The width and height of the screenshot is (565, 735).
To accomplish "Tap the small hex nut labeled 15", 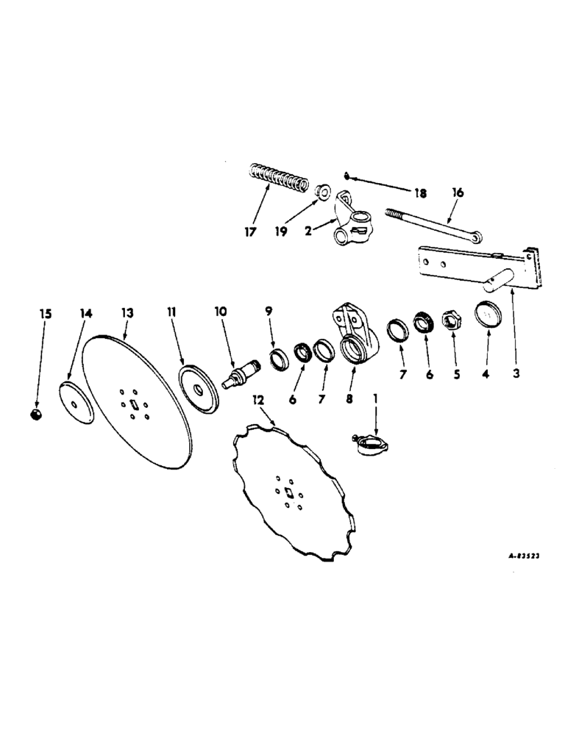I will pos(35,416).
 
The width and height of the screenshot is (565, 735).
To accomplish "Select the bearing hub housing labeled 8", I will pos(356,334).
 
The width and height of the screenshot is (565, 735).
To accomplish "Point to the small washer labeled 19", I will pos(321,192).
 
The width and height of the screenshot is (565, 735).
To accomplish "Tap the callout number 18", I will pos(419,194).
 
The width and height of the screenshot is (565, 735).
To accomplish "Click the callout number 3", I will pos(516,373).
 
